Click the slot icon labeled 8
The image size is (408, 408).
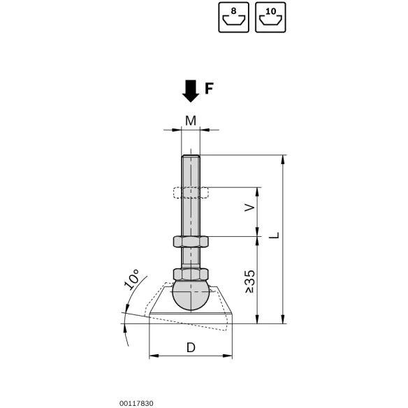[x=233, y=17]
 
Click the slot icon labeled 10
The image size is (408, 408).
[x=270, y=17]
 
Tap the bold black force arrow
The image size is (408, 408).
[x=191, y=91]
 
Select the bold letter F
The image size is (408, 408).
[x=209, y=89]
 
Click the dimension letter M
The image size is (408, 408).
[x=191, y=121]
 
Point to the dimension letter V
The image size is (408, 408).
[x=250, y=207]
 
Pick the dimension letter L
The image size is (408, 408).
[x=274, y=235]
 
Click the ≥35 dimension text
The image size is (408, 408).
[x=250, y=282]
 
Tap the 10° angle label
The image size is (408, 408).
[x=131, y=279]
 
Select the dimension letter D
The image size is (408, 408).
[x=191, y=348]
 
